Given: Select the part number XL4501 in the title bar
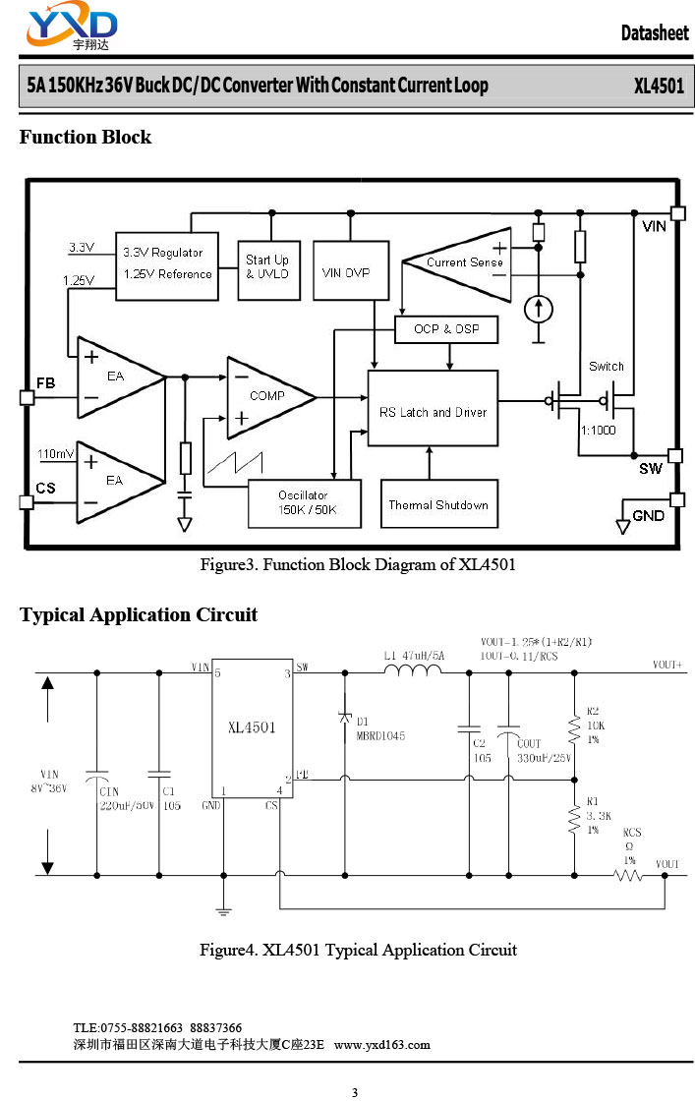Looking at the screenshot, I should (x=658, y=86).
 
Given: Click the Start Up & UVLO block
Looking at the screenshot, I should (x=267, y=267).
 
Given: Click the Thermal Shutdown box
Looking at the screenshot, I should (x=438, y=504).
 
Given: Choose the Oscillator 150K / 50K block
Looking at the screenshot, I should (x=304, y=502).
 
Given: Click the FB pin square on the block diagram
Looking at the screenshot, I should (x=27, y=398).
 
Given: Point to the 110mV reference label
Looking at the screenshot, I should (x=55, y=454).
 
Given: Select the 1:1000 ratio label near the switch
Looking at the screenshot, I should (x=599, y=430).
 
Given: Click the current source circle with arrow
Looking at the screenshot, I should (x=538, y=309).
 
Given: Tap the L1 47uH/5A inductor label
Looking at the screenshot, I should (x=413, y=654).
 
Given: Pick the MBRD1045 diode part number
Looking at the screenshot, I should (x=380, y=735).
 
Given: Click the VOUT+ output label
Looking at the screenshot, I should (x=667, y=665).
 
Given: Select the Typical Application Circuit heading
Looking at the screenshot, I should (x=139, y=615).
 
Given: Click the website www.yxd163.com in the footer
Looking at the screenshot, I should (x=382, y=1044).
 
